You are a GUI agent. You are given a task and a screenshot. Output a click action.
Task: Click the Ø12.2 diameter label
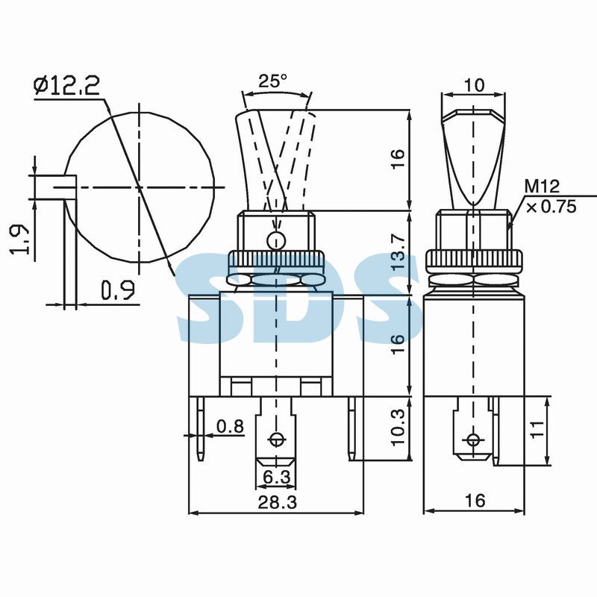(x=66, y=85)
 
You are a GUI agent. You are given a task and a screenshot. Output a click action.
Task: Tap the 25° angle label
(x=273, y=81)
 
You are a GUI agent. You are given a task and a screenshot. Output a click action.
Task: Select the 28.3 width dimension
(x=277, y=502)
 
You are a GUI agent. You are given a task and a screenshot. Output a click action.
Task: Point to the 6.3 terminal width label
(x=277, y=477)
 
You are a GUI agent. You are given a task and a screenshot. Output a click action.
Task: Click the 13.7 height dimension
(x=398, y=252)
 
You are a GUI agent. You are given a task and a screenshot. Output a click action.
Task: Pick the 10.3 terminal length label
(x=398, y=427)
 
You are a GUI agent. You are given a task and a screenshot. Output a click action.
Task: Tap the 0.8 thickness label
(x=230, y=426)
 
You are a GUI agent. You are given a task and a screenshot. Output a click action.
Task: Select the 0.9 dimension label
(x=118, y=290)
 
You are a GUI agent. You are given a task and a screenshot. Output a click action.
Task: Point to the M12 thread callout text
(x=543, y=187)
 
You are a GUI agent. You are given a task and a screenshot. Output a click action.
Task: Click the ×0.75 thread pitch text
(x=551, y=207)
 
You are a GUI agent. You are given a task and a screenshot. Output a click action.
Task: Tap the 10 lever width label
(x=475, y=85)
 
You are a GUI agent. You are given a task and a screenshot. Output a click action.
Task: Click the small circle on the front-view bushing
(x=276, y=240)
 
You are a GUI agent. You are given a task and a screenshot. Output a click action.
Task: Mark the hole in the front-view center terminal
(x=276, y=440)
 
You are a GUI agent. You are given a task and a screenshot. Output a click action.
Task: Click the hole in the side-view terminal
(x=473, y=440)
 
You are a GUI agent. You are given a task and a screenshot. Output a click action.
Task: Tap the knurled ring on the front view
(x=276, y=262)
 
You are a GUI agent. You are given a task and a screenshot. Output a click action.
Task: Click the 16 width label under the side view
(x=475, y=500)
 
